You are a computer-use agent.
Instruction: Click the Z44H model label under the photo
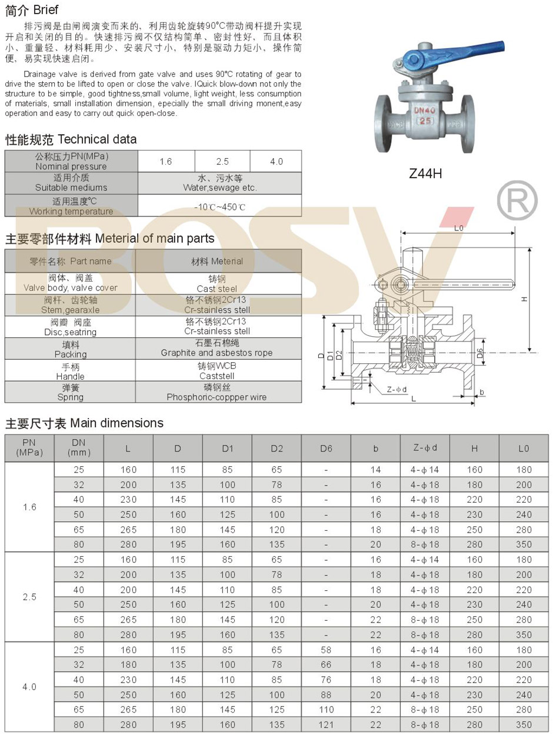425,173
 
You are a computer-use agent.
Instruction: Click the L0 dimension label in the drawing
459,228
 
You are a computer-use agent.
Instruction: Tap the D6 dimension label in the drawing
480,353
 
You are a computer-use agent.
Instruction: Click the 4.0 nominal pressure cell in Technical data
276,162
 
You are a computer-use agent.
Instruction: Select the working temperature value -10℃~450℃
219,207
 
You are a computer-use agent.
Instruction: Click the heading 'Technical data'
97,139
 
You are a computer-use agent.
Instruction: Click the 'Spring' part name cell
70,393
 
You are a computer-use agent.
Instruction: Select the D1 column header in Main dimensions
228,449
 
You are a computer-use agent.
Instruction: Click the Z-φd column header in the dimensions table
425,449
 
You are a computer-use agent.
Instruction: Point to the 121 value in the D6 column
327,725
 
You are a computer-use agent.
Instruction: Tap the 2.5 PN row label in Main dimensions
29,597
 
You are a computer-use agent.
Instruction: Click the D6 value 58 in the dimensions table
327,650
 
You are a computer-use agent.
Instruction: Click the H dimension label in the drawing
524,299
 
